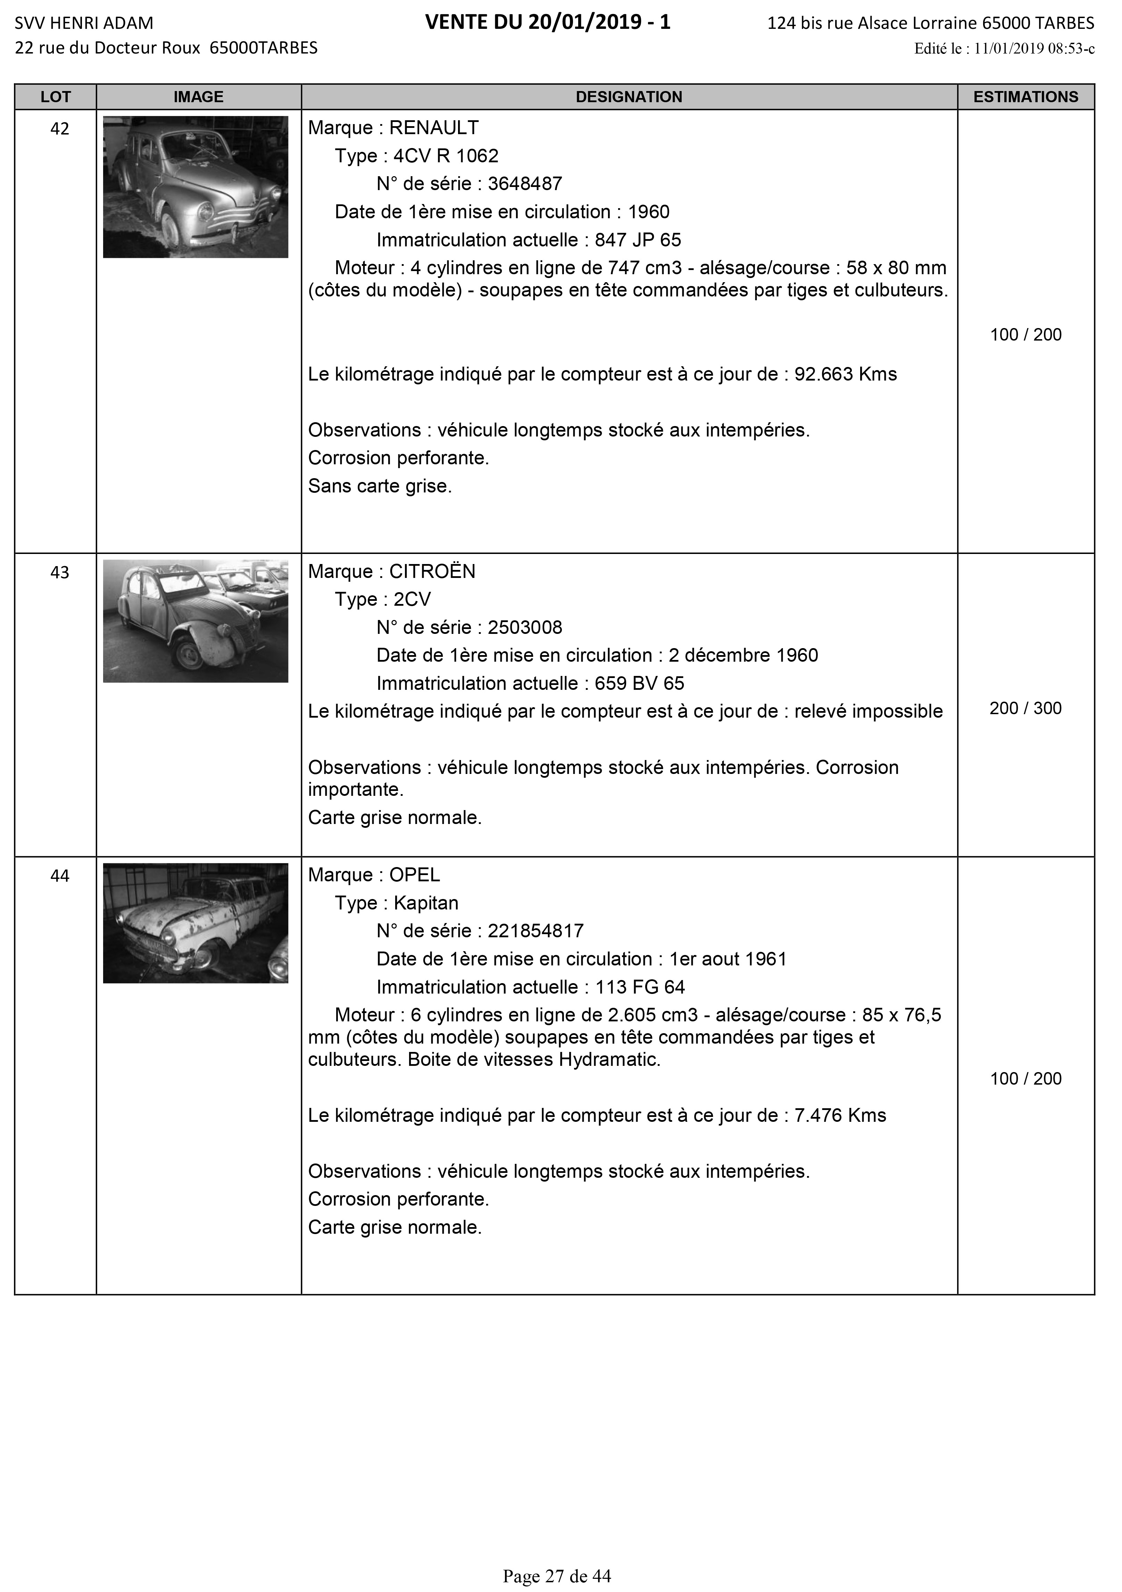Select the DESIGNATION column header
point(629,97)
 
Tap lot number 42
point(60,129)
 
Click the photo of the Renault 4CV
point(196,187)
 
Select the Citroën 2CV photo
point(196,621)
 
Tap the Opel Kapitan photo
point(196,923)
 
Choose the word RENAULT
point(434,128)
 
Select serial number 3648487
point(525,184)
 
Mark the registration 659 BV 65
point(639,684)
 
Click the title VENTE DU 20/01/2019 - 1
point(548,23)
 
